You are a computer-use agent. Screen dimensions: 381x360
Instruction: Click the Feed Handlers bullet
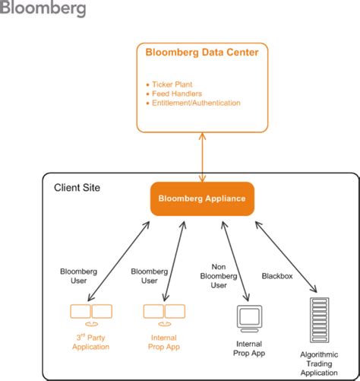pyautogui.click(x=175, y=93)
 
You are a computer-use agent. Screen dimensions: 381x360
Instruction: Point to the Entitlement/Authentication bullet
pyautogui.click(x=194, y=103)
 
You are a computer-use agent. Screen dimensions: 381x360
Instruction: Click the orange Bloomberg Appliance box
pyautogui.click(x=201, y=199)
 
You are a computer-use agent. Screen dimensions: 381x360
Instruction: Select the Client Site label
pyautogui.click(x=77, y=187)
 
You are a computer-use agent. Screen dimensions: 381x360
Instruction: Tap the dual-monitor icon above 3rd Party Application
pyautogui.click(x=91, y=313)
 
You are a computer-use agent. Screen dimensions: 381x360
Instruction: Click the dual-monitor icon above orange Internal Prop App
pyautogui.click(x=165, y=313)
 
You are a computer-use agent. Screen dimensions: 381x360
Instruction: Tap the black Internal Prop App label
pyautogui.click(x=250, y=348)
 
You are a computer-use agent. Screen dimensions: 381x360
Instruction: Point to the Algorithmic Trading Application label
pyautogui.click(x=319, y=364)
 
